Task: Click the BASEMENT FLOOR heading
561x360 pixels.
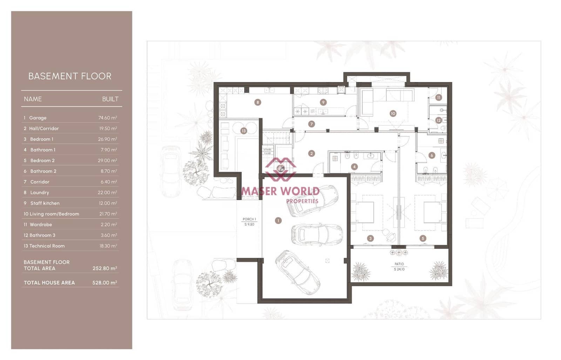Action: (70, 76)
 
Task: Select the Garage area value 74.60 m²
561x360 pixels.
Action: (107, 118)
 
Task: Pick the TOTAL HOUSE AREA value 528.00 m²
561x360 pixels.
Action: (104, 283)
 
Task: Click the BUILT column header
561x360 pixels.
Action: (110, 99)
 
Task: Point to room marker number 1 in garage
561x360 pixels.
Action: (278, 220)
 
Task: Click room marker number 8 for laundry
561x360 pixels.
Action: (258, 102)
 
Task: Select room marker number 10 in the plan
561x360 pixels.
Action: (393, 114)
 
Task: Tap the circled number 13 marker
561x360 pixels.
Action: (244, 131)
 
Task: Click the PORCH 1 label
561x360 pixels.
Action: (249, 219)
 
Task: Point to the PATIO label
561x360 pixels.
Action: (399, 264)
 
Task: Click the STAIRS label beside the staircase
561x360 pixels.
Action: (268, 150)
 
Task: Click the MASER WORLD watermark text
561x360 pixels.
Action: (280, 191)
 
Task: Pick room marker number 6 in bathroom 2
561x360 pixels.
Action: (432, 155)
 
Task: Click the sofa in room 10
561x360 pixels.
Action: (367, 102)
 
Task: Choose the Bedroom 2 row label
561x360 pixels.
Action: (42, 161)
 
